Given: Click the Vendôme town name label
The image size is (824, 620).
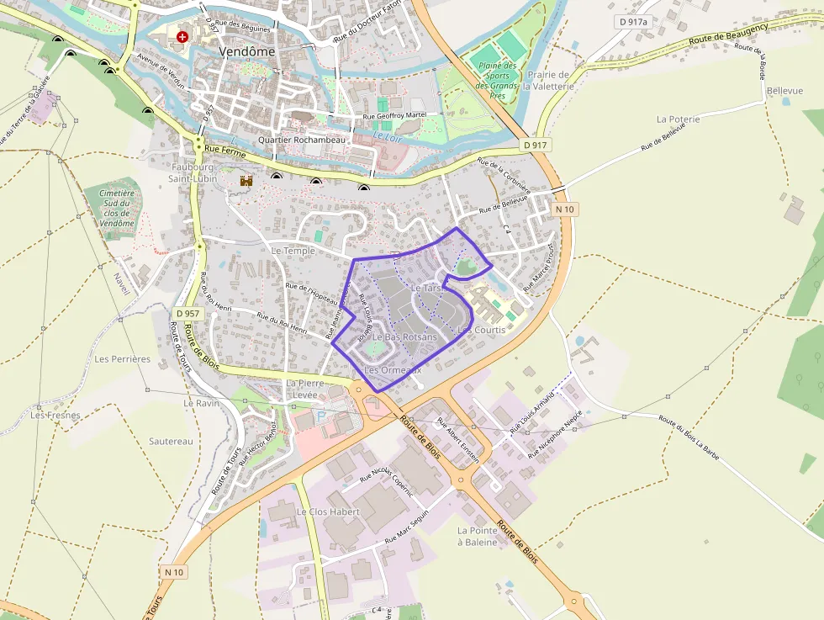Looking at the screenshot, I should (x=246, y=51).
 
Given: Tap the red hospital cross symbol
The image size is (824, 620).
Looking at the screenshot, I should (x=183, y=37).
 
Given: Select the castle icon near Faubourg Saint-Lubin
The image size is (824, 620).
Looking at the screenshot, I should (x=246, y=180).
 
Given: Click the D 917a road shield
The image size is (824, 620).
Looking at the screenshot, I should (x=633, y=22).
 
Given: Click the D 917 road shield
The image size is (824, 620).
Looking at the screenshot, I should (x=535, y=145).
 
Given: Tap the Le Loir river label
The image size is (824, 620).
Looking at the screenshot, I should (x=387, y=135).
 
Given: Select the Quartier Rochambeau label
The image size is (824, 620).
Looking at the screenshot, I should (x=302, y=140).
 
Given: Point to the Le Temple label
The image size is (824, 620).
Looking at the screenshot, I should (x=293, y=251).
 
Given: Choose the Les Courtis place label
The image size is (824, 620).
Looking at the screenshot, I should (x=481, y=330).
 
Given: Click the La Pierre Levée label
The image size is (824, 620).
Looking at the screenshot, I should (x=304, y=388).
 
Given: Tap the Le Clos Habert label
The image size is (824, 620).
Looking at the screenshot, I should (x=328, y=511).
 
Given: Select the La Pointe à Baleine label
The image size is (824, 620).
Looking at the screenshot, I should (x=477, y=537).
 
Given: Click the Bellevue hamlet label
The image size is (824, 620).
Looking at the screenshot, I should (x=785, y=91).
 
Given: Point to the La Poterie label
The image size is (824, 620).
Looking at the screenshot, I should (x=678, y=119).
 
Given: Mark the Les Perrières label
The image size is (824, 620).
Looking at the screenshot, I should (x=122, y=358).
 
